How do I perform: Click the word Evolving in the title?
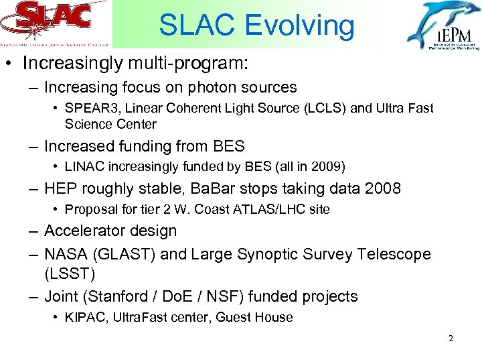299,25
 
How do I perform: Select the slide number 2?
451,339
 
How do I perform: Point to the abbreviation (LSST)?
70,274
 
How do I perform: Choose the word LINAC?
83,166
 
